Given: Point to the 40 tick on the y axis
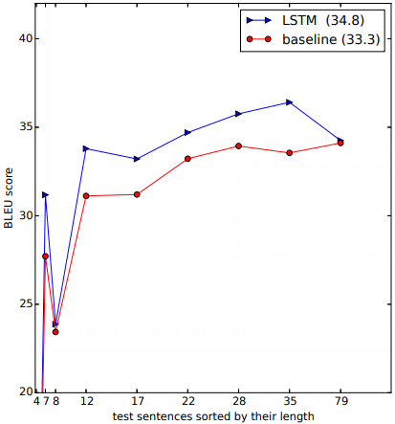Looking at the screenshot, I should click(25, 39).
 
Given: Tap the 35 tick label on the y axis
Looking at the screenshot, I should click(25, 127).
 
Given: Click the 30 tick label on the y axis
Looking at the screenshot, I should click(25, 215).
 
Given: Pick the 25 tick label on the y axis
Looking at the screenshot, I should click(25, 304).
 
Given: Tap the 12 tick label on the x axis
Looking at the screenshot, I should click(86, 402).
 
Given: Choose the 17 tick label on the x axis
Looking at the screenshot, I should click(137, 402).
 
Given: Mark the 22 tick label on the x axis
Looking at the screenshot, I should click(187, 402).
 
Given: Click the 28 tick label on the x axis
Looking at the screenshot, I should click(238, 402).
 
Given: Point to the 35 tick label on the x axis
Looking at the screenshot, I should click(290, 402).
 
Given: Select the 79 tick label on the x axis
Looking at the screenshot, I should click(340, 402).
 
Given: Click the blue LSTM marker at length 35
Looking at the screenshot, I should click(290, 101).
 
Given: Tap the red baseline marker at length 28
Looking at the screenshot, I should click(238, 146).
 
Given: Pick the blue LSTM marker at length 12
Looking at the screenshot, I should click(86, 148).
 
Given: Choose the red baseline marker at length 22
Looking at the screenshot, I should click(187, 158).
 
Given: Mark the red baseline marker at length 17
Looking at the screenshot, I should click(137, 194).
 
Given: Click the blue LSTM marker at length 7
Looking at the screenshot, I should click(45, 195).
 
